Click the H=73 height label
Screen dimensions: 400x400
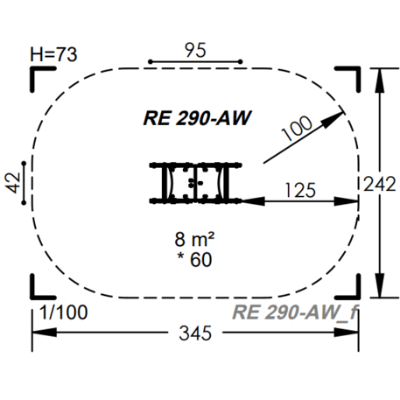point(53,54)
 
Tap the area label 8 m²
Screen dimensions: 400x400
point(194,238)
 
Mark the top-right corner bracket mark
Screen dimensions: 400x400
point(349,77)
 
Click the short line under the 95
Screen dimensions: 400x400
point(196,62)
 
